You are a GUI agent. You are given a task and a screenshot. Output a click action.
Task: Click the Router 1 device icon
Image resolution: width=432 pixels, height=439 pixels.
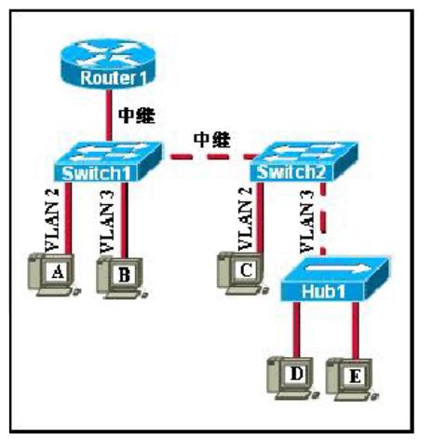tap(107, 64)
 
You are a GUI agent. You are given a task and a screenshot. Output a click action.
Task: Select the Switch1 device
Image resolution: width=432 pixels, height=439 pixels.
tap(108, 161)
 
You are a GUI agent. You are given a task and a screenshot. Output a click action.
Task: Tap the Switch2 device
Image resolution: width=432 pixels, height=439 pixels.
tap(304, 161)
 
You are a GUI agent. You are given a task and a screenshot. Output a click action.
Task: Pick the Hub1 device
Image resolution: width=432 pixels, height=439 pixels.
tap(334, 279)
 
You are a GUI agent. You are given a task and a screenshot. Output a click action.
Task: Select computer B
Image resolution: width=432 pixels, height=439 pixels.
tap(122, 277)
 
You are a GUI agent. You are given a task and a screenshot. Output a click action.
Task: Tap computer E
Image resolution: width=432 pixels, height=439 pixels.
tap(353, 379)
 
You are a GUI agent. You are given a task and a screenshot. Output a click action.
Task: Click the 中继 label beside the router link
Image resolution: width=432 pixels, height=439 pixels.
tap(137, 116)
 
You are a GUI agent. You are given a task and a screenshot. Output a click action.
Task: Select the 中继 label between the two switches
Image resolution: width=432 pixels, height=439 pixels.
tap(212, 140)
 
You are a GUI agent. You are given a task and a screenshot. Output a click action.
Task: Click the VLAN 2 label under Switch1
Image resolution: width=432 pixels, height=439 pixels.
tap(52, 220)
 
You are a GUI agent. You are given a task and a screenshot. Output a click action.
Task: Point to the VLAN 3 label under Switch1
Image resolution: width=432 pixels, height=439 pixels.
tap(107, 222)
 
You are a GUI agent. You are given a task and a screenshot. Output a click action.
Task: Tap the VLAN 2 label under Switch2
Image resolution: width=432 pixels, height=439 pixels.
tap(245, 219)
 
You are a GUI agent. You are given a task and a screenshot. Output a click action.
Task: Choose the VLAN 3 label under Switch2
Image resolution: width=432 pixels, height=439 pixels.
tap(307, 221)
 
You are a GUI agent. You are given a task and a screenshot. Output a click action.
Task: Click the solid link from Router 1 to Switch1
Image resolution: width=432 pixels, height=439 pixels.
tap(108, 116)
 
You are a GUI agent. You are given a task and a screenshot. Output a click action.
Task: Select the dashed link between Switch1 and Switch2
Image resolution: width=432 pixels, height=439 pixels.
tap(212, 157)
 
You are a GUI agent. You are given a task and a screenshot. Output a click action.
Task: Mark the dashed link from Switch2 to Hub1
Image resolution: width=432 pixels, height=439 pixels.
tap(323, 219)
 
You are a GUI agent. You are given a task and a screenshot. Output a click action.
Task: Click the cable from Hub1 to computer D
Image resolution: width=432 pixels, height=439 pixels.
tap(296, 329)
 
